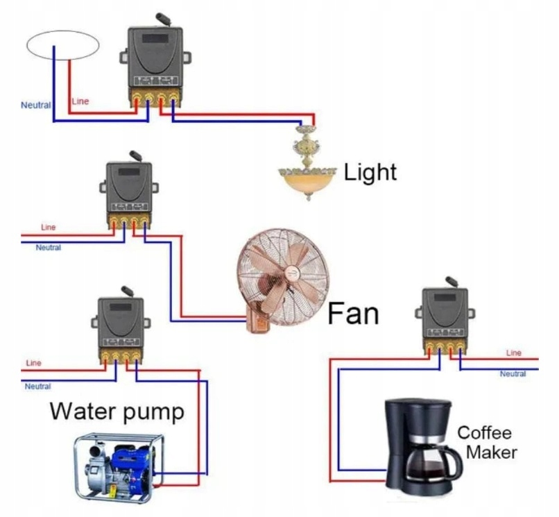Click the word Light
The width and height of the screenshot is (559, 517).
pyautogui.click(x=370, y=171)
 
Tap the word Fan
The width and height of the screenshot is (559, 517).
pyautogui.click(x=354, y=313)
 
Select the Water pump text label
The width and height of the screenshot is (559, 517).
pyautogui.click(x=117, y=412)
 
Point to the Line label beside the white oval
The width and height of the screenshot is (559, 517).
pyautogui.click(x=80, y=101)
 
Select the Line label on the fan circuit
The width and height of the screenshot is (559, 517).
pyautogui.click(x=49, y=227)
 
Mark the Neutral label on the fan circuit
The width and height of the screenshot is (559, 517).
pyautogui.click(x=49, y=248)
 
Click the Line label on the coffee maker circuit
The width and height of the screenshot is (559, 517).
pyautogui.click(x=514, y=353)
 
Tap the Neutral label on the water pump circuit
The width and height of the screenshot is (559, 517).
pyautogui.click(x=38, y=386)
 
